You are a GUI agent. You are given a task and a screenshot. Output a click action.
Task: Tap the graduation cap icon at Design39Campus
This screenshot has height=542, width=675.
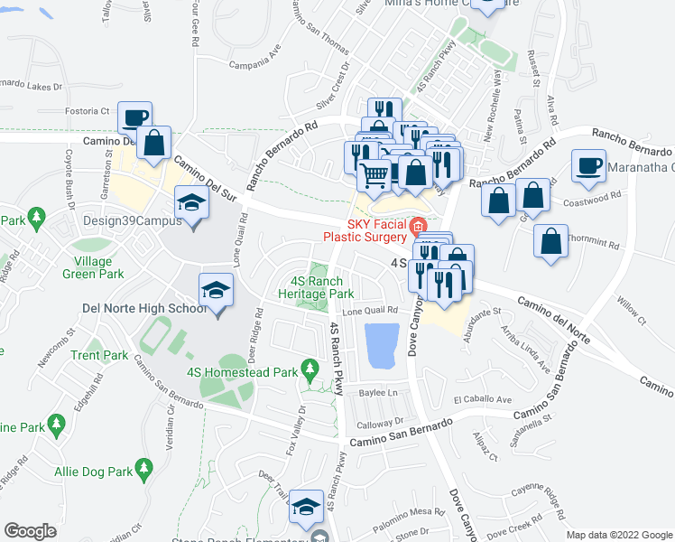coord(190,202)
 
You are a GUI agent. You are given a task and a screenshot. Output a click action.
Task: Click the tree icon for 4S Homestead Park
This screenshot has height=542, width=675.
coord(310,369)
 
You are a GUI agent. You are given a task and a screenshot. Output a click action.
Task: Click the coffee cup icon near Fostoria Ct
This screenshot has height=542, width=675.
coord(134,117)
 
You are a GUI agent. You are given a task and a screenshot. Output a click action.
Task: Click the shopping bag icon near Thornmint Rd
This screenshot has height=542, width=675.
coord(550,241)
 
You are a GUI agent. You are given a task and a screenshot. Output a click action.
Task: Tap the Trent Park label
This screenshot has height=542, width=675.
coord(99,356)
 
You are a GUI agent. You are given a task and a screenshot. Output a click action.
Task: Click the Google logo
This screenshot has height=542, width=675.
coord(30,531)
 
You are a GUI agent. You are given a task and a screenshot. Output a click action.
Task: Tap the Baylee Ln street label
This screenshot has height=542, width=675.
coord(379,394)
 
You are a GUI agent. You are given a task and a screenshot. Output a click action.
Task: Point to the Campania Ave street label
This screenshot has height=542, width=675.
coord(254,64)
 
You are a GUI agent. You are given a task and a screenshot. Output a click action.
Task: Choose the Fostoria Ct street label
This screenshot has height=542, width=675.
coord(87,112)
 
